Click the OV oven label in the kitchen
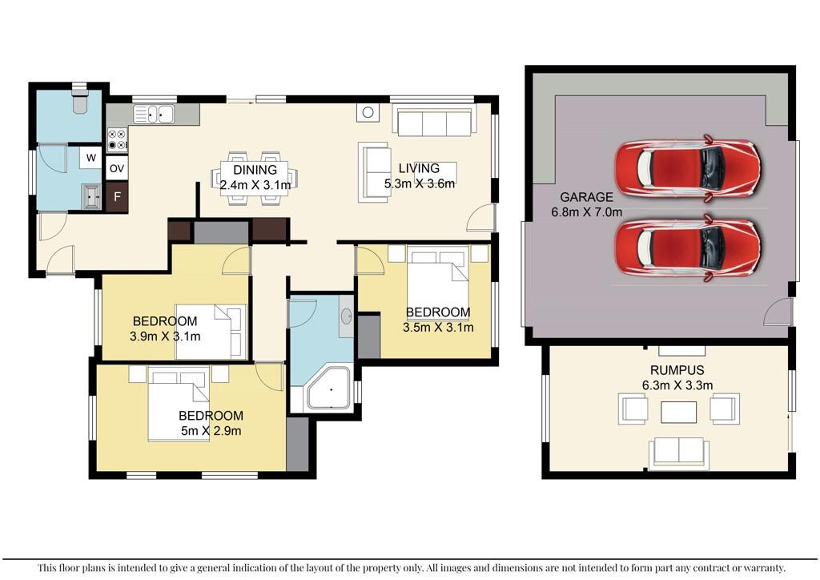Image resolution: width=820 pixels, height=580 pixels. [x=117, y=168]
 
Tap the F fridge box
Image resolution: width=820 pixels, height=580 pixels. [x=117, y=197]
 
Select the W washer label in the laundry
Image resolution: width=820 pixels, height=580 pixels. [x=91, y=158]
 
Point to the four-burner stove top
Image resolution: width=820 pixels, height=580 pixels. [x=118, y=139]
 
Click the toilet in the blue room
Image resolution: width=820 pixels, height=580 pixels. [x=80, y=100]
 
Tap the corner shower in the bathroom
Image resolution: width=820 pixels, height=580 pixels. [x=328, y=388]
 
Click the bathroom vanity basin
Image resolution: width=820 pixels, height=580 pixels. [x=346, y=316]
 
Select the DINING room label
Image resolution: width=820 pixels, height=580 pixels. [x=255, y=170]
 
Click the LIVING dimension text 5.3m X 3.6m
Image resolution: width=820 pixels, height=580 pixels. [x=420, y=183]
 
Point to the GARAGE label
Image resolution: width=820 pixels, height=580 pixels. [x=586, y=197]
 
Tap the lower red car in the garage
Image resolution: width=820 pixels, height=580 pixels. [x=687, y=248]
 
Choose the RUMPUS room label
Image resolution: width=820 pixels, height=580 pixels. [x=677, y=370]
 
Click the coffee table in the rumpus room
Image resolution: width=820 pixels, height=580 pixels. [x=678, y=412]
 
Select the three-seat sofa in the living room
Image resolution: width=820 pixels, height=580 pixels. [x=434, y=121]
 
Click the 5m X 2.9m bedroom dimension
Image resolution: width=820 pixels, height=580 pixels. [x=211, y=431]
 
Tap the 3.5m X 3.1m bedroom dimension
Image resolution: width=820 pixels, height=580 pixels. [x=438, y=328]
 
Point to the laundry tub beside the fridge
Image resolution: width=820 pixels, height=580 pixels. [x=92, y=196]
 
